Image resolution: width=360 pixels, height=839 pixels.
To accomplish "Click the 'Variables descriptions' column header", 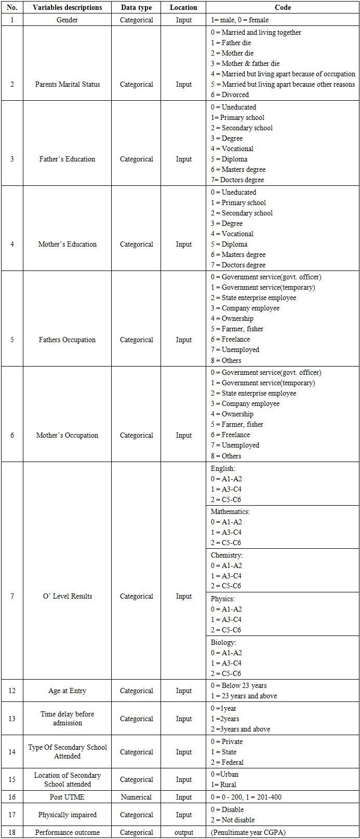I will (67, 7).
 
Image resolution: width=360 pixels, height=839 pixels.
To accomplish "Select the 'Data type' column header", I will (136, 7).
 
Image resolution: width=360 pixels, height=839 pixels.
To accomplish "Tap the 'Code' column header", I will (283, 7).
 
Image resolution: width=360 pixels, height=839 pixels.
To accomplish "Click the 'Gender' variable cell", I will (67, 20).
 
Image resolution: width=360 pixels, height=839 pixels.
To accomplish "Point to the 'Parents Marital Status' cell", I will (67, 84).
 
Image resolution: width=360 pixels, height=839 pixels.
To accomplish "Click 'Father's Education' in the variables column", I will (67, 159).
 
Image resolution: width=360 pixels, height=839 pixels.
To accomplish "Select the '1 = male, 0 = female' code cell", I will (239, 20).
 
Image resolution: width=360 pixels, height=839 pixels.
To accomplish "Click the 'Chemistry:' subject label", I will (226, 555).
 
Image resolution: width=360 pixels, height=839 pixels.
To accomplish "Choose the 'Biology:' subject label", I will (223, 642).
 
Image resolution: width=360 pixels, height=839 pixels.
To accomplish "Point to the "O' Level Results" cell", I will (67, 596).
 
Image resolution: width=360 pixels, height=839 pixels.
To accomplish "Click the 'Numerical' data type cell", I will (136, 797).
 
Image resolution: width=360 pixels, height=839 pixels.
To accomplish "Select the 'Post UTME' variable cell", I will (67, 797).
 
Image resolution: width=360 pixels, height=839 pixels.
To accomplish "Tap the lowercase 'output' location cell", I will (183, 832).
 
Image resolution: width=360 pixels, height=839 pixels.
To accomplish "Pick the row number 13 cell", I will (12, 719).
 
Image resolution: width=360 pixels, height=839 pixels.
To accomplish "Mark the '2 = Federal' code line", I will (227, 762).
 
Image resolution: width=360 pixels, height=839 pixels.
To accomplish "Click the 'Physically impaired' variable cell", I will (67, 815).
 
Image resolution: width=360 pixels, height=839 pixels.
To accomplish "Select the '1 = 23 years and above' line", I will (244, 696).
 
